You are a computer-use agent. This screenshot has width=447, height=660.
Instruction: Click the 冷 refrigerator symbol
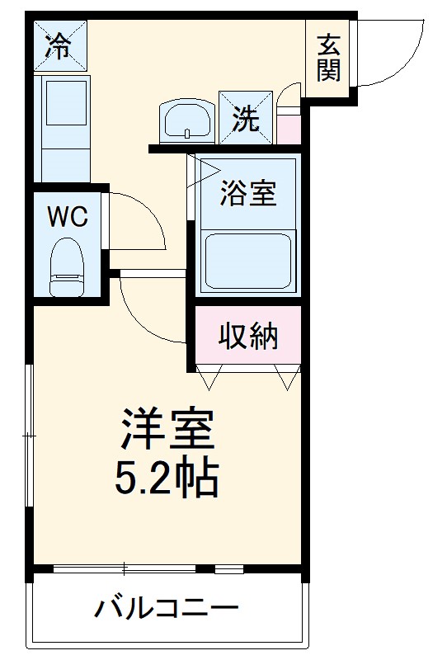(x=59, y=46)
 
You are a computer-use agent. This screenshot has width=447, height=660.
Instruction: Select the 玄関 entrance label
(x=328, y=58)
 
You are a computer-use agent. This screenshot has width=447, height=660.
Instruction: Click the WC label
(x=68, y=216)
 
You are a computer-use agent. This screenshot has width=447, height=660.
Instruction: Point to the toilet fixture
(x=67, y=267)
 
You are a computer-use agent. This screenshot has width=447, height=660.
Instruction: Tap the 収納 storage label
(x=247, y=336)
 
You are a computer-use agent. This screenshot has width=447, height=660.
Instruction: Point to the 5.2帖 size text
(x=170, y=476)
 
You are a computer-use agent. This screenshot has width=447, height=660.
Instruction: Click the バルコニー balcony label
(x=166, y=610)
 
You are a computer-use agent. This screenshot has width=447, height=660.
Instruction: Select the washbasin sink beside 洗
(x=188, y=121)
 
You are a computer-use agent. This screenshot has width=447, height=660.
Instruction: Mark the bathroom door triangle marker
(x=207, y=170)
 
